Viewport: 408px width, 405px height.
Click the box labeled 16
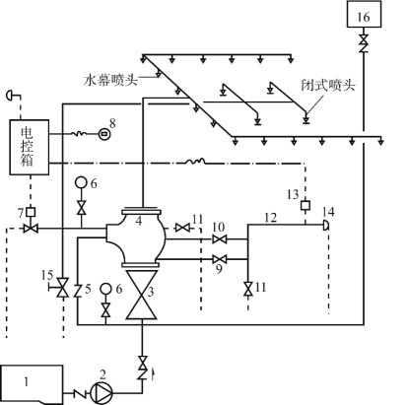pyautogui.click(x=364, y=14)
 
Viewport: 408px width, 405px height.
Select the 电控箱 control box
pyautogui.click(x=30, y=147)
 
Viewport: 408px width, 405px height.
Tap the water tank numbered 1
pyautogui.click(x=32, y=384)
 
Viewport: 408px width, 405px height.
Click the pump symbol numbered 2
pyautogui.click(x=102, y=392)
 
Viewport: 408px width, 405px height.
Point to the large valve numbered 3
pyautogui.click(x=141, y=295)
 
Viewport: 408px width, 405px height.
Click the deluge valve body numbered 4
pyautogui.click(x=136, y=238)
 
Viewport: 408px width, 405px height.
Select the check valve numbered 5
pyautogui.click(x=78, y=291)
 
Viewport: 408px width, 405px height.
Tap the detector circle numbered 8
pyautogui.click(x=104, y=134)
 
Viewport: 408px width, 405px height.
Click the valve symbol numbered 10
pyautogui.click(x=219, y=239)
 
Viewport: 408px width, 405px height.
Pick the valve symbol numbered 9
pyautogui.click(x=219, y=259)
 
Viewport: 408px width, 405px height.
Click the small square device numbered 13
pyautogui.click(x=306, y=205)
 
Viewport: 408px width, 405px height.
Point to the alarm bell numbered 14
pyautogui.click(x=326, y=225)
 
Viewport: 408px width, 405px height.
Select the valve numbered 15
pyautogui.click(x=62, y=287)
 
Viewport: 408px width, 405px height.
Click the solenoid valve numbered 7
pyautogui.click(x=31, y=225)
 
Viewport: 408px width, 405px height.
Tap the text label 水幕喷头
pyautogui.click(x=110, y=80)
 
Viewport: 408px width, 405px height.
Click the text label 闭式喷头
pyautogui.click(x=328, y=86)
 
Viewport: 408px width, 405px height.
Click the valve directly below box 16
pyautogui.click(x=364, y=43)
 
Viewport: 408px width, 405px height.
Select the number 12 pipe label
pyautogui.click(x=271, y=217)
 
